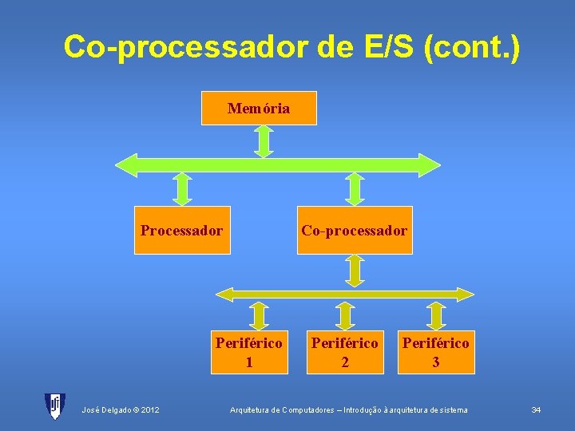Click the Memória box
coord(259,109)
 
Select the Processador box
coord(182,230)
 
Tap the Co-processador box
coord(355,230)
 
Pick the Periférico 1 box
coord(249,352)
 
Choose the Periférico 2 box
coord(345,352)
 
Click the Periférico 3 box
coord(436,352)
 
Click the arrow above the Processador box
coord(183,189)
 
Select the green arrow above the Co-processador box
coord(355,189)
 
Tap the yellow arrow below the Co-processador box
coord(355,270)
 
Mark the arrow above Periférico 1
coord(259,315)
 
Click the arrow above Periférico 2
coord(345,315)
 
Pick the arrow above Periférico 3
coord(436,315)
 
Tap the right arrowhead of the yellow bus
coord(467,294)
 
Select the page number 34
coord(536,410)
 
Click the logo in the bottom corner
coord(54,406)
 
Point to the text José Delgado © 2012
coord(120,410)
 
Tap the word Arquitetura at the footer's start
coord(250,410)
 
